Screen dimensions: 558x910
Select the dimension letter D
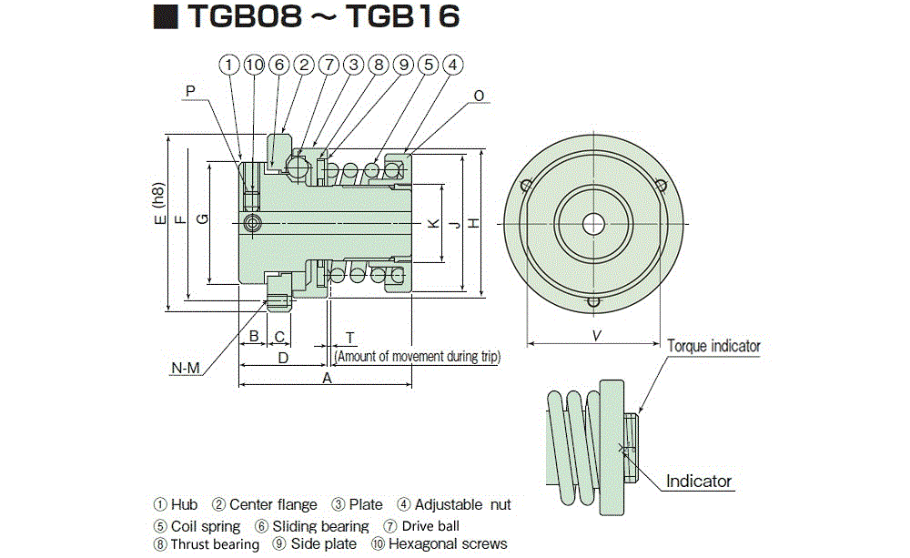tap(283, 359)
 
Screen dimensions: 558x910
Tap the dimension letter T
tap(349, 337)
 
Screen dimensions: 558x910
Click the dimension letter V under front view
tap(596, 336)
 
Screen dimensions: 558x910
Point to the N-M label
tap(185, 368)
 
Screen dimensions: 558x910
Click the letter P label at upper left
tap(189, 91)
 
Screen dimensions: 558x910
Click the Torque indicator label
tap(713, 346)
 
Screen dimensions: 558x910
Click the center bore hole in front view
tap(594, 222)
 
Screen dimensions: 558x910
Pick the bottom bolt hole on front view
tap(594, 302)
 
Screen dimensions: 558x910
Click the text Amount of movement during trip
tap(418, 357)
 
